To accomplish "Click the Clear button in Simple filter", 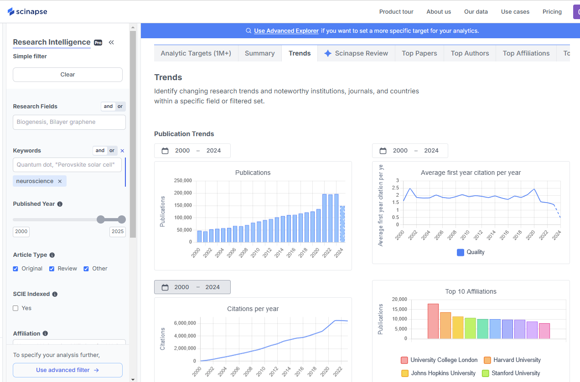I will tap(67, 75).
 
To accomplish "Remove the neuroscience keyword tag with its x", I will tap(59, 181).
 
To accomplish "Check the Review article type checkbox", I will tap(52, 269).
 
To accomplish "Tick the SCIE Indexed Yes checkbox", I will tap(16, 308).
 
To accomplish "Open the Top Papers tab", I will tap(419, 53).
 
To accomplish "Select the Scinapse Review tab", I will tap(356, 53).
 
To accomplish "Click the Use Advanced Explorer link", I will tap(286, 31).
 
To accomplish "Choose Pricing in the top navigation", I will tap(552, 12).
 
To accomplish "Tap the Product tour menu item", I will tap(396, 12).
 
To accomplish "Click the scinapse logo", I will tap(27, 11).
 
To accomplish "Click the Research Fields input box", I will tap(69, 122).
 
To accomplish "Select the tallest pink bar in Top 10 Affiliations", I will tap(433, 321).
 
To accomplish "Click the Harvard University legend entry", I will tap(512, 360).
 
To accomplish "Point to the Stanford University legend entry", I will tap(511, 373).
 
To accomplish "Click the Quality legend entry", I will tap(471, 252).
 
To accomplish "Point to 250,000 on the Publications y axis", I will tap(183, 181).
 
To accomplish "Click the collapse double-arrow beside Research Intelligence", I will tap(111, 42).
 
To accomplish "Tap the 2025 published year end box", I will tap(118, 231).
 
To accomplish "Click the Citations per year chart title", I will tap(253, 309).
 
